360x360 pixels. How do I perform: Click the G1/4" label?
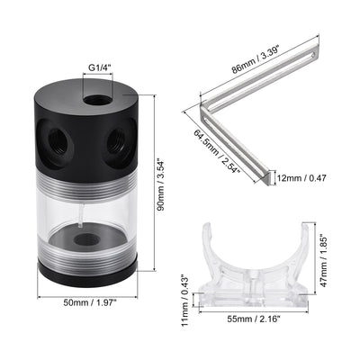click(x=98, y=64)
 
